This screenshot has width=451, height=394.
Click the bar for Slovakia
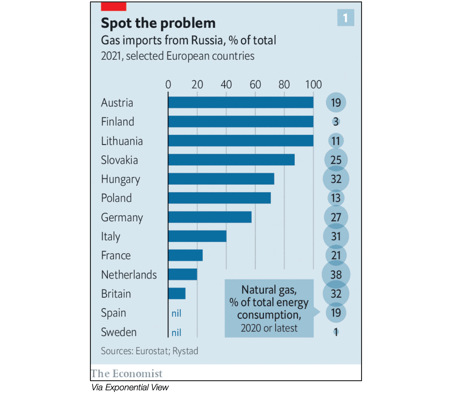pyautogui.click(x=231, y=160)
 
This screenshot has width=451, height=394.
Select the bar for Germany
pyautogui.click(x=210, y=217)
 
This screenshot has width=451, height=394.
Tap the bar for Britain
pyautogui.click(x=177, y=294)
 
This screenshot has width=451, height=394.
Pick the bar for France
pyautogui.click(x=185, y=255)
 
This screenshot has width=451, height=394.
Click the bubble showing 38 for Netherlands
pyautogui.click(x=336, y=274)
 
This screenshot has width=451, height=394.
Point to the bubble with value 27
pyautogui.click(x=336, y=217)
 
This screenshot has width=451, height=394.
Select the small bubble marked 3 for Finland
pyautogui.click(x=336, y=122)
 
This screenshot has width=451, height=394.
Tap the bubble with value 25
pyautogui.click(x=336, y=160)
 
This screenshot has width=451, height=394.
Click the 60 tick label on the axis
pyautogui.click(x=255, y=84)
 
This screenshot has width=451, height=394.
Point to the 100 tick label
pyautogui.click(x=314, y=84)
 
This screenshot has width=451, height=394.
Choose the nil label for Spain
pyautogui.click(x=176, y=313)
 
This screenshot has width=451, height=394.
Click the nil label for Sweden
pyautogui.click(x=176, y=333)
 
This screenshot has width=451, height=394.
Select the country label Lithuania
pyautogui.click(x=122, y=141)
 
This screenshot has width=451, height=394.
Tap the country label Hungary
pyautogui.click(x=121, y=179)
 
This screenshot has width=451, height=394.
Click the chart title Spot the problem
pyautogui.click(x=158, y=23)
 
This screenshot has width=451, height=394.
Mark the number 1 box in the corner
pyautogui.click(x=345, y=18)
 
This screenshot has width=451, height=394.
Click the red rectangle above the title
pyautogui.click(x=113, y=6)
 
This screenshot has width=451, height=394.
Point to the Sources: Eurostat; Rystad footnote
pyautogui.click(x=149, y=351)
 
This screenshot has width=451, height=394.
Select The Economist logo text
pyautogui.click(x=127, y=373)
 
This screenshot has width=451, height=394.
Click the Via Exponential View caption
pyautogui.click(x=130, y=387)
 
